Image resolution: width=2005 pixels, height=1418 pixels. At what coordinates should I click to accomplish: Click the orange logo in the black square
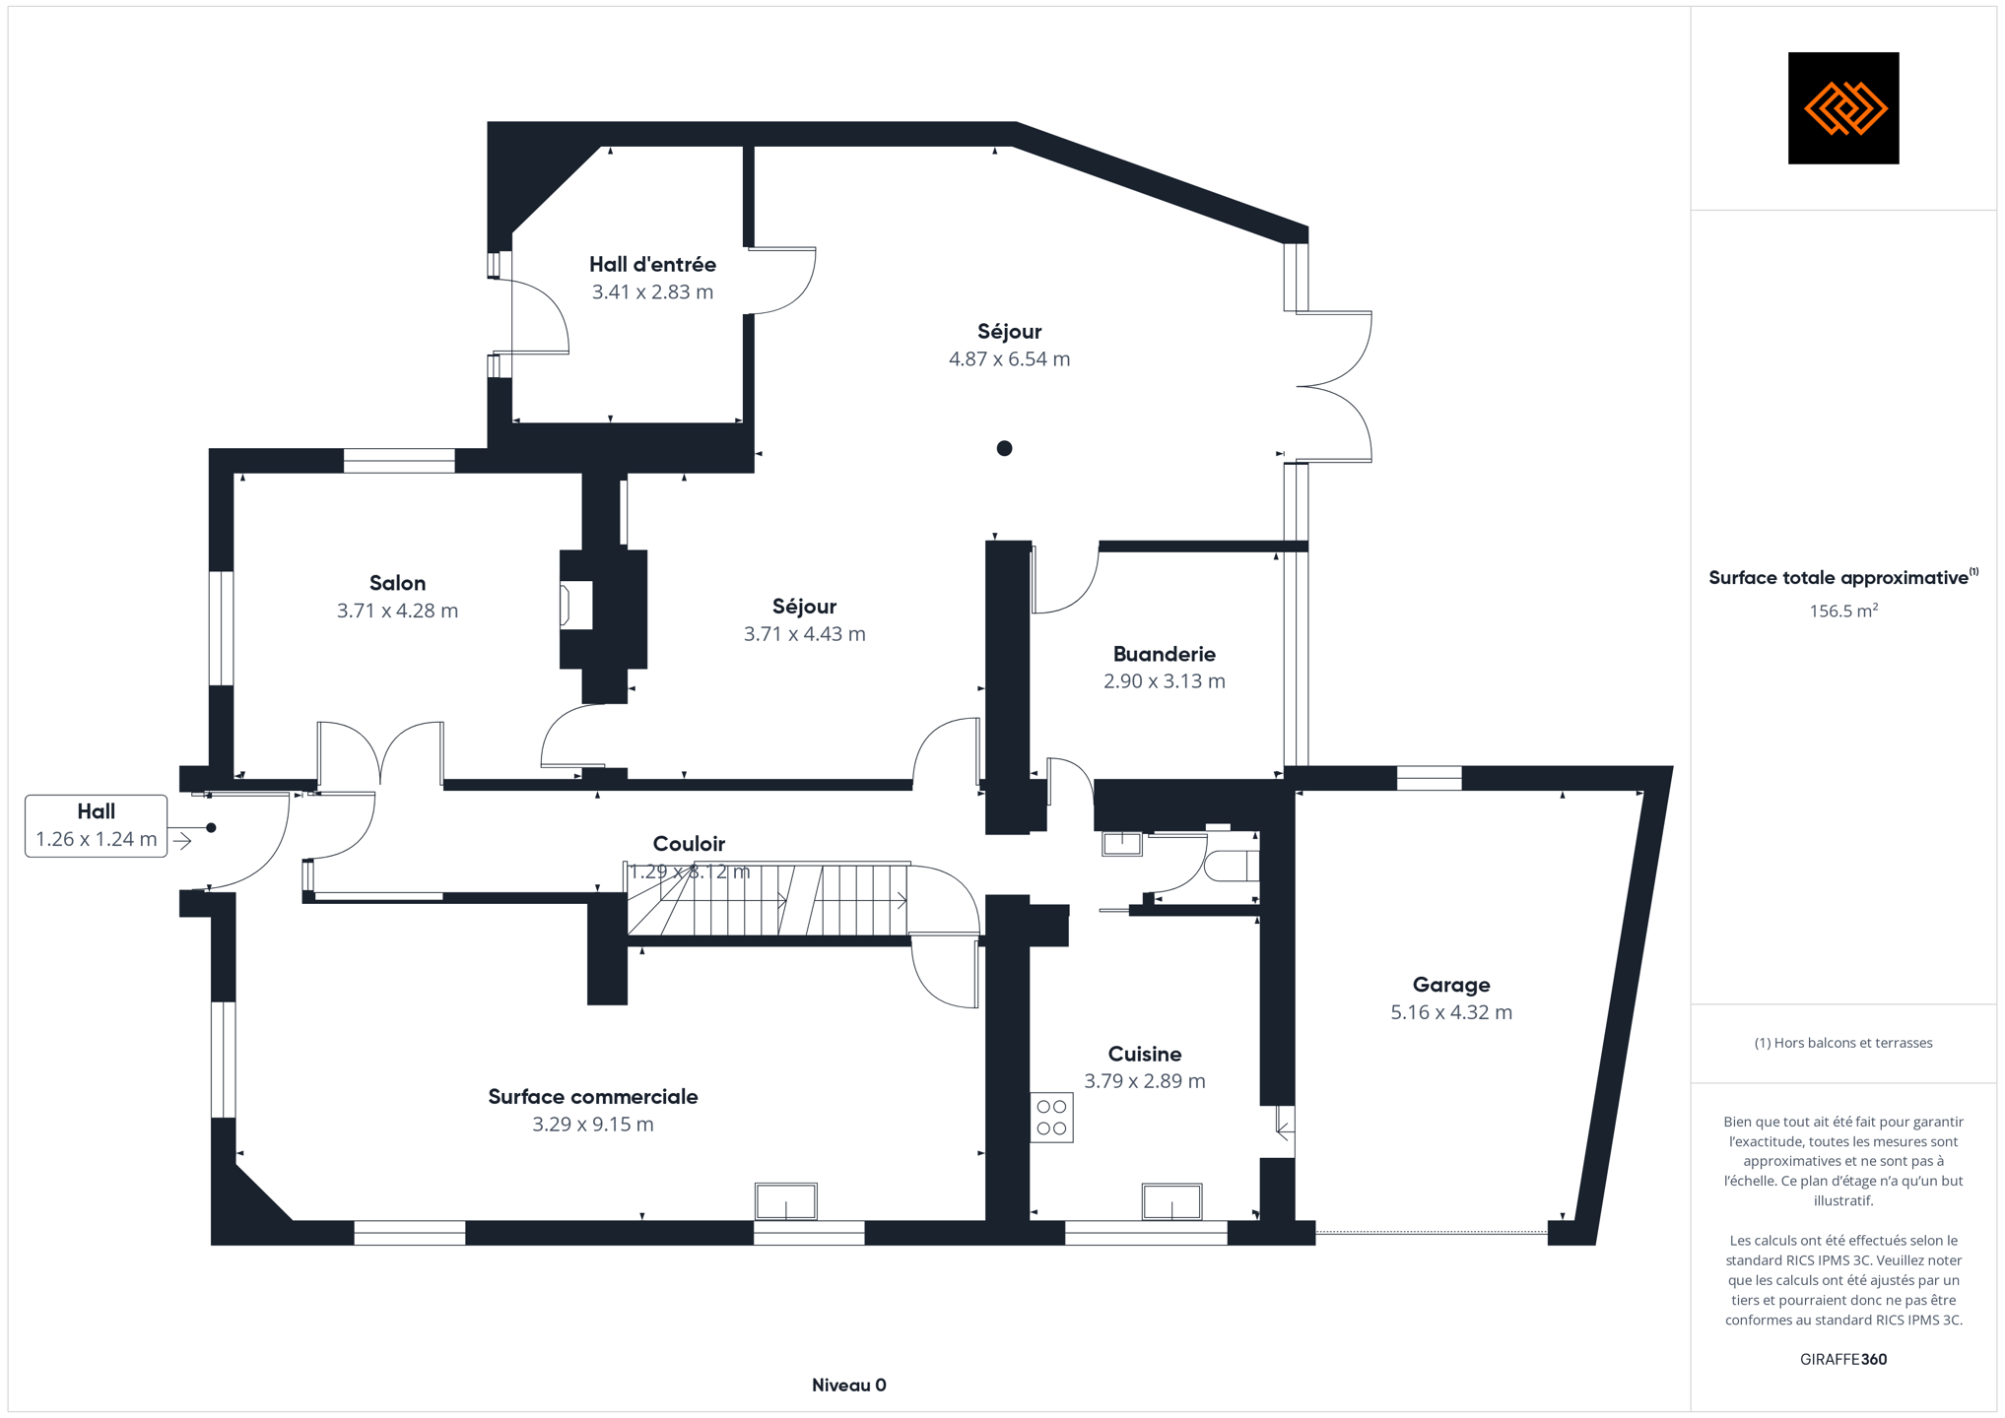pyautogui.click(x=1843, y=108)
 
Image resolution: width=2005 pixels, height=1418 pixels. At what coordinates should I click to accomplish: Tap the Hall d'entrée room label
pyautogui.click(x=652, y=265)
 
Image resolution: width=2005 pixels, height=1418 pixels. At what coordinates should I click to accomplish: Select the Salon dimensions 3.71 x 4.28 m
pyautogui.click(x=397, y=611)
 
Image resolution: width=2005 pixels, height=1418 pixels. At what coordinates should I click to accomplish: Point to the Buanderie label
pyautogui.click(x=1164, y=654)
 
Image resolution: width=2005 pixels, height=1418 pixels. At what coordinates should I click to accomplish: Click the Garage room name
pyautogui.click(x=1450, y=985)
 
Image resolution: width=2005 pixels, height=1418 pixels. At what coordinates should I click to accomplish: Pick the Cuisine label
pyautogui.click(x=1144, y=1054)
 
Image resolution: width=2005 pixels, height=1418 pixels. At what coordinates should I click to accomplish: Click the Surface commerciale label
pyautogui.click(x=592, y=1097)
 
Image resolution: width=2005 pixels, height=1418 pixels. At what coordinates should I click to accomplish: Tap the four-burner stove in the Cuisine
pyautogui.click(x=1051, y=1118)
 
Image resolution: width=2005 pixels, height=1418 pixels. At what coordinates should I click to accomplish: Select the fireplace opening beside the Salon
pyautogui.click(x=576, y=606)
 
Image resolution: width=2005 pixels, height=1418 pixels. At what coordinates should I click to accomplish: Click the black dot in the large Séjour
pyautogui.click(x=1004, y=449)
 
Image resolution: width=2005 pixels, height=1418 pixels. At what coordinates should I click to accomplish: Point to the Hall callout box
pyautogui.click(x=96, y=826)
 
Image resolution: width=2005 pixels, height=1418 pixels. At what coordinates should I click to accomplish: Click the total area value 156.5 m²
pyautogui.click(x=1842, y=612)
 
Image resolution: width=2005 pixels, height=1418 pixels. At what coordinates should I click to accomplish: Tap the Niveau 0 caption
pyautogui.click(x=848, y=1386)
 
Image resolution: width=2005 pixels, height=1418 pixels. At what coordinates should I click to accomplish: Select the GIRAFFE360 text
pyautogui.click(x=1842, y=1360)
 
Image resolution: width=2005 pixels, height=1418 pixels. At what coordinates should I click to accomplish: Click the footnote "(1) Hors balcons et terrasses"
pyautogui.click(x=1842, y=1043)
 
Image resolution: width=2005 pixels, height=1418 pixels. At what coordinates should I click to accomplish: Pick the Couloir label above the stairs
pyautogui.click(x=689, y=844)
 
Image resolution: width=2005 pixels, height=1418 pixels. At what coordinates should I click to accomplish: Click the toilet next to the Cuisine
pyautogui.click(x=1233, y=866)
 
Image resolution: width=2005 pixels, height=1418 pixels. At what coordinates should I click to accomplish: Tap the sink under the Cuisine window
pyautogui.click(x=1171, y=1201)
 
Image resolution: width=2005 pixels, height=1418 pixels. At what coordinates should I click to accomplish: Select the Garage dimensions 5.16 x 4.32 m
pyautogui.click(x=1450, y=1012)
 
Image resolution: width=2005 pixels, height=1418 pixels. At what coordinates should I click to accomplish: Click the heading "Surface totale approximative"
pyautogui.click(x=1838, y=578)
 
